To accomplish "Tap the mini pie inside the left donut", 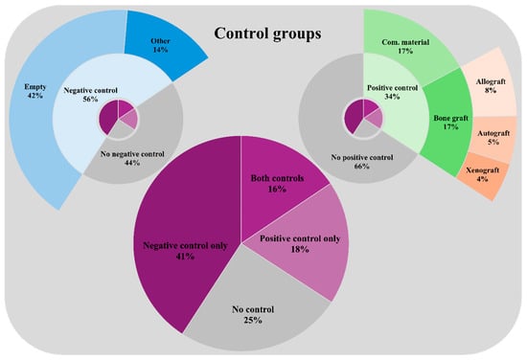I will point(118,119).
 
